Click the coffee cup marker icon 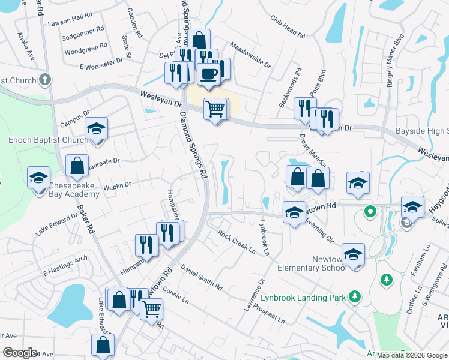(x=208, y=74)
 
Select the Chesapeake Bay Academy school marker (x=38, y=178)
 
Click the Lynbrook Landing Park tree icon (x=355, y=296)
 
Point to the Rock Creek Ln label (x=237, y=241)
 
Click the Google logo (x=20, y=353)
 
